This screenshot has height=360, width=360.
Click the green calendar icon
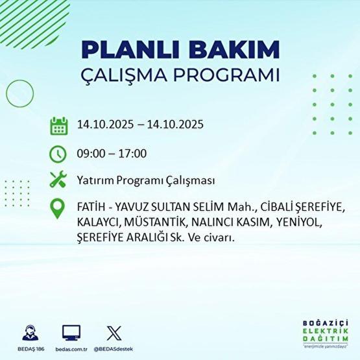[59, 125]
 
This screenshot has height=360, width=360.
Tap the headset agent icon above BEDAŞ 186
[30, 332]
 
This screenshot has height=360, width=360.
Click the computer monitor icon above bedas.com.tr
[71, 333]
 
